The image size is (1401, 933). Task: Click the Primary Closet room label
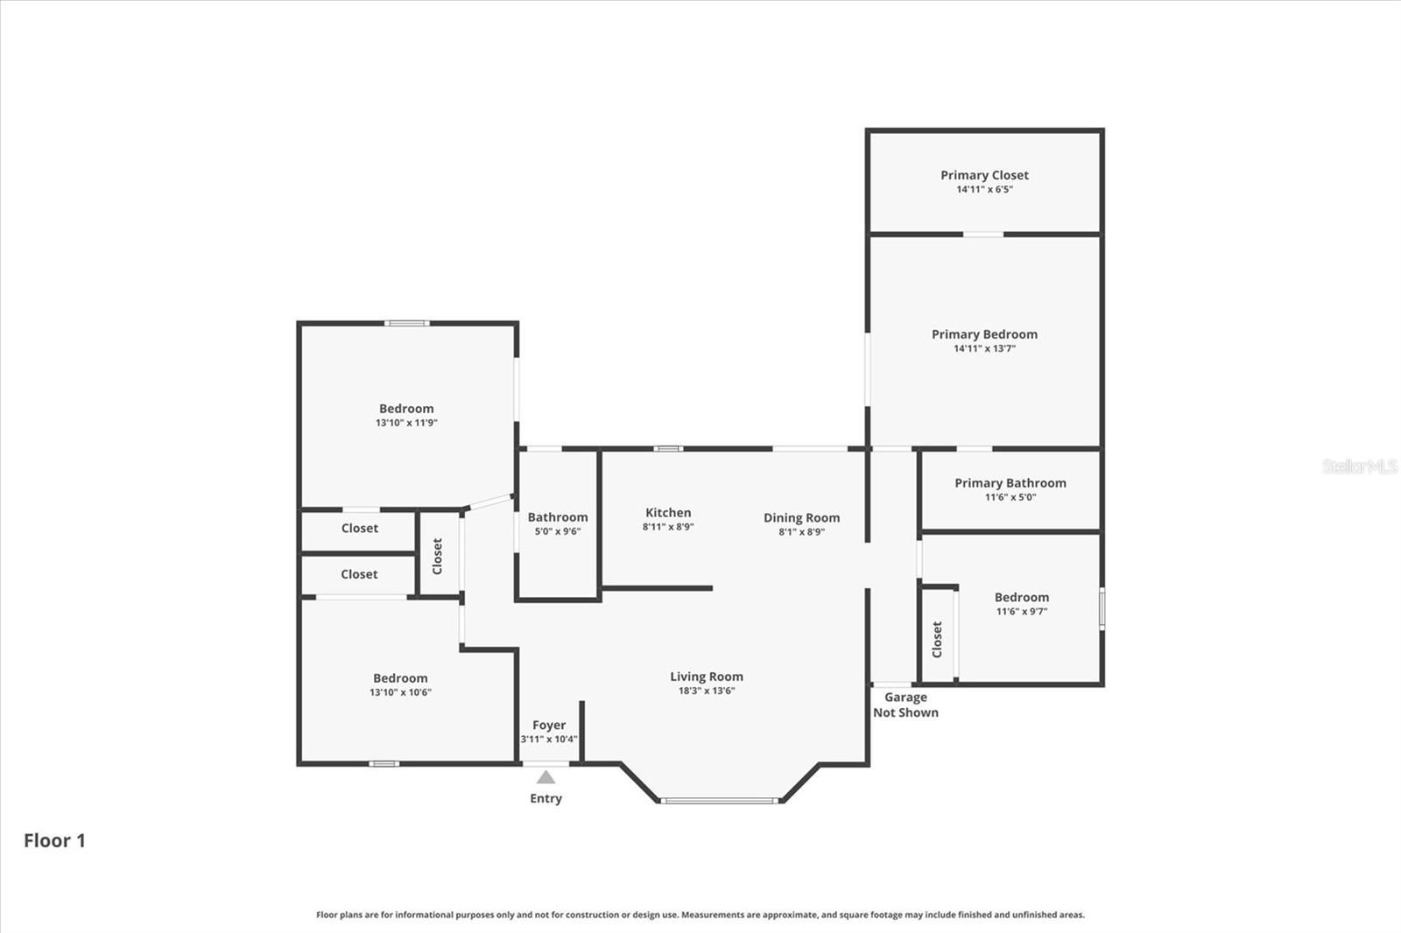point(984,175)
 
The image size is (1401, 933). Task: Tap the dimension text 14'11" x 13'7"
point(984,348)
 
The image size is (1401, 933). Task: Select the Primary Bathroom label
point(1010,483)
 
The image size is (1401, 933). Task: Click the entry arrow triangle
point(546,777)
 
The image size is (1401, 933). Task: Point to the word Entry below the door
point(546,798)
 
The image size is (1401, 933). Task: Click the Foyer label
point(549,725)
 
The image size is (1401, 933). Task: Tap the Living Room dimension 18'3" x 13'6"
point(706,691)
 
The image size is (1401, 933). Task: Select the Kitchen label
point(668,513)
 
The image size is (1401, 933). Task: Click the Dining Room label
point(801,518)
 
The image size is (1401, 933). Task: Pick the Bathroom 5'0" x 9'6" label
point(558,517)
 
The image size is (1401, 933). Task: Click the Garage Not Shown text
point(905,705)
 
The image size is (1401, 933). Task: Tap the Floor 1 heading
point(54,840)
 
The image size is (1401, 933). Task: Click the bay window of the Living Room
point(719,800)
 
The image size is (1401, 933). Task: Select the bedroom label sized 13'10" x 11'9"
point(406,409)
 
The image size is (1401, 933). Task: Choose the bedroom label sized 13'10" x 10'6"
point(400,678)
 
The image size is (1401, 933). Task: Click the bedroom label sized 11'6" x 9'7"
point(1021,598)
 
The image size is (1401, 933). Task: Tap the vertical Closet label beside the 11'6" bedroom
point(937,639)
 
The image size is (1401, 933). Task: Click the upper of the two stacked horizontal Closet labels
point(359,529)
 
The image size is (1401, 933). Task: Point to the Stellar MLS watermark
point(1359,466)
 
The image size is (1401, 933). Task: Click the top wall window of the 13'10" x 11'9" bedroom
point(407,324)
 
